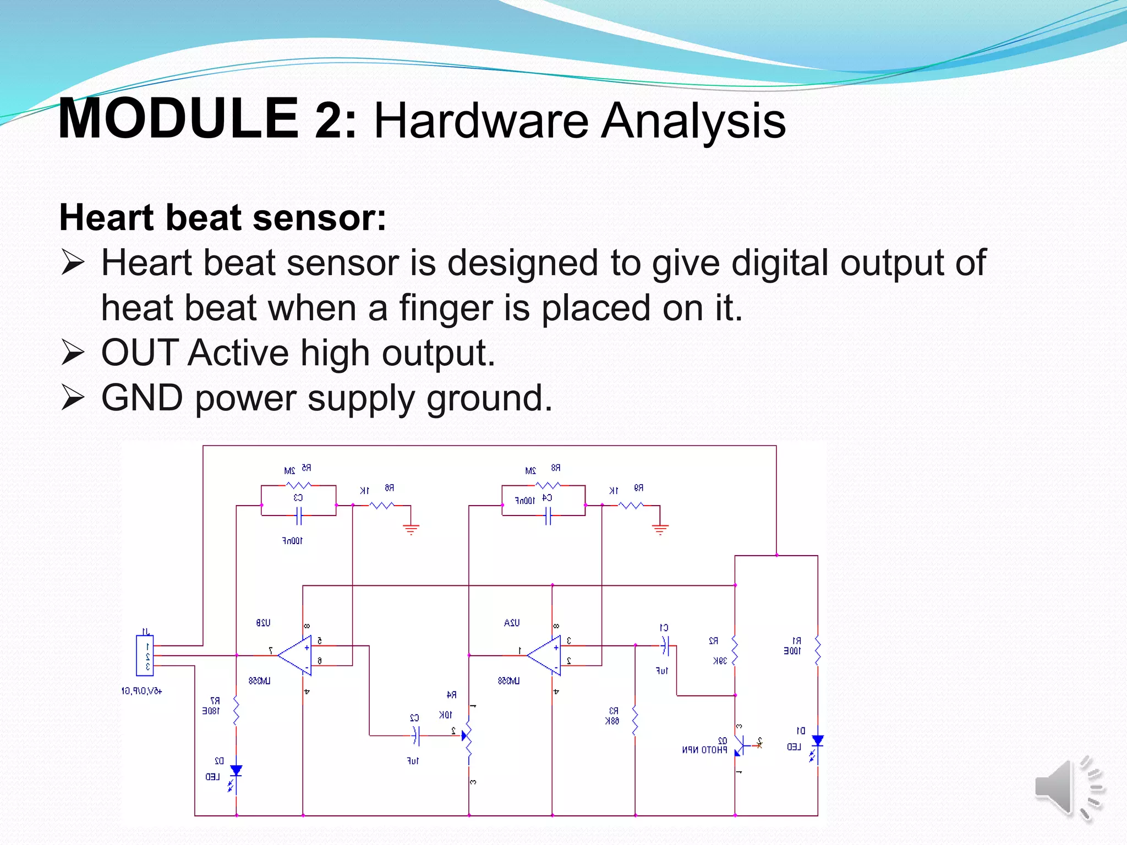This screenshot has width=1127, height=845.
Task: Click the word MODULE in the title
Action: (178, 119)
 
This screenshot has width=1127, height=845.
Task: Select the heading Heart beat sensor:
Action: (222, 218)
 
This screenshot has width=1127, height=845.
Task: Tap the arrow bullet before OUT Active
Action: (73, 353)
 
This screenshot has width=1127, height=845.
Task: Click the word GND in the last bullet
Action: (142, 398)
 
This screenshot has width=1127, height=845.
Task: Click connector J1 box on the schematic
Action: (145, 655)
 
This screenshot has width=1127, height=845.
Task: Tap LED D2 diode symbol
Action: (236, 771)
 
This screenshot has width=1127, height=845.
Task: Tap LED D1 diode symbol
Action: (818, 741)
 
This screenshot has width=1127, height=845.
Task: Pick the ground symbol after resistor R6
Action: (411, 529)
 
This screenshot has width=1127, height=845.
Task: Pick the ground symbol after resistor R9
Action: (660, 529)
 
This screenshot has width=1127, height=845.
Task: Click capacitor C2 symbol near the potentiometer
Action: (416, 736)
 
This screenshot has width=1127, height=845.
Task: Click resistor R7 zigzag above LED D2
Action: (236, 711)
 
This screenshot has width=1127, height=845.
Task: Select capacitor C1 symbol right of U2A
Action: (665, 645)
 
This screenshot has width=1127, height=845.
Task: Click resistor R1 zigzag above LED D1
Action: (818, 650)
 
